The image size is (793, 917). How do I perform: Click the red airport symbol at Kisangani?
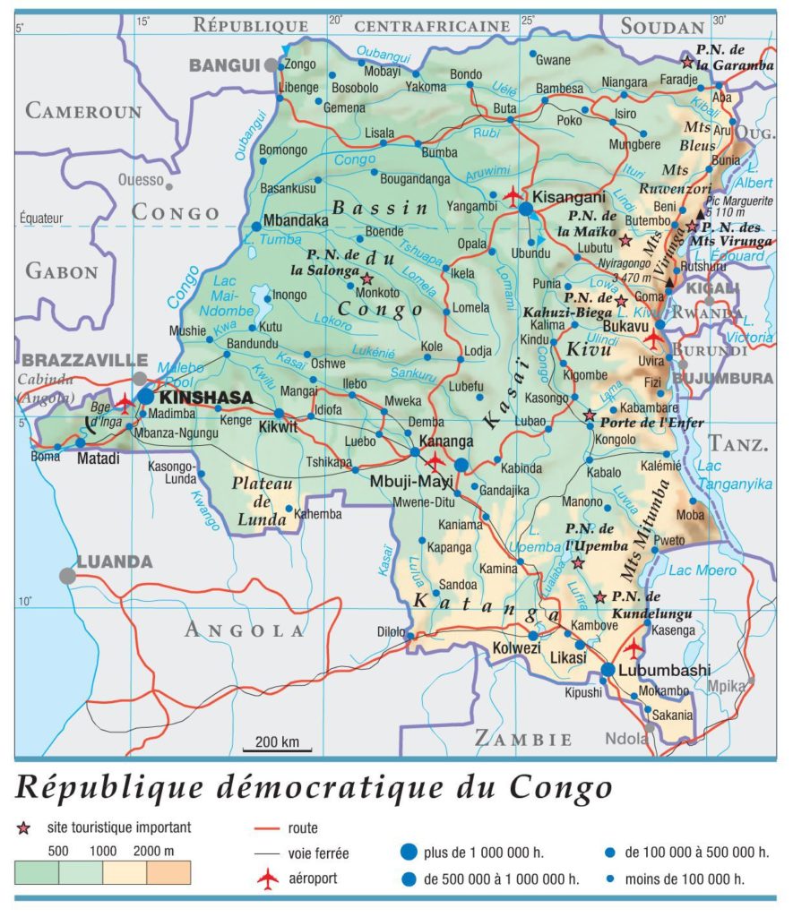coord(513,194)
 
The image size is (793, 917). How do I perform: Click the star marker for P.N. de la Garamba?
coord(687,62)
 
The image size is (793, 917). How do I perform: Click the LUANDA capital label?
coord(114,562)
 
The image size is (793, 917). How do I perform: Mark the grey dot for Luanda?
coord(67,576)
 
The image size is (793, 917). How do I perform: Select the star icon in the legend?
coord(23,828)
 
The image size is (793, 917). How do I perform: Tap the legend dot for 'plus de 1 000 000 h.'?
coord(409,853)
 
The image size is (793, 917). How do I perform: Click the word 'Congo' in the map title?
coord(561,787)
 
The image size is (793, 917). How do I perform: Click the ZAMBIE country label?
coord(523,739)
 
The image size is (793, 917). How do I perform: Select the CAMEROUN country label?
coord(83,111)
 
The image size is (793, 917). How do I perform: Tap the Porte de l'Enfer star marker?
coord(590,416)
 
